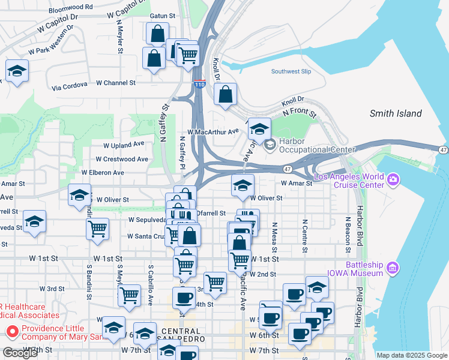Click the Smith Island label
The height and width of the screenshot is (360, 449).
[x=396, y=113]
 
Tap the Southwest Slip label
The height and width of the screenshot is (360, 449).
[x=291, y=71]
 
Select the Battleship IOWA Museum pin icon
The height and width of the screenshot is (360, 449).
[x=394, y=266]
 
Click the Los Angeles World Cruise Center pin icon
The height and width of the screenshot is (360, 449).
[x=394, y=178]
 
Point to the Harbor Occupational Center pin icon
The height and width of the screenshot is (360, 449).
[x=270, y=143]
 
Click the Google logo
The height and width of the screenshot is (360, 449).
[x=20, y=353]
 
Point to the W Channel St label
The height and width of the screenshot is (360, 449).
[x=115, y=83]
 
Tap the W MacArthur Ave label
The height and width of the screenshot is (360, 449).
[x=213, y=132]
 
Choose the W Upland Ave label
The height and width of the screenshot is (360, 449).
[x=124, y=145]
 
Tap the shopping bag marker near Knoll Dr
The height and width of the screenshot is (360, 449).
[x=225, y=95]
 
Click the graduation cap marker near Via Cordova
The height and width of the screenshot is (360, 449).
[x=17, y=71]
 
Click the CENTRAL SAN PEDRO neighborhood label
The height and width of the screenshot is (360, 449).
[x=181, y=335]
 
